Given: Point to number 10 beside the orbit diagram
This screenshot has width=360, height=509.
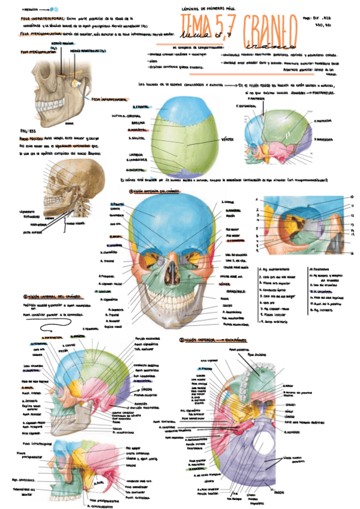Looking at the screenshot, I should pyautogui.click(x=351, y=197).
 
